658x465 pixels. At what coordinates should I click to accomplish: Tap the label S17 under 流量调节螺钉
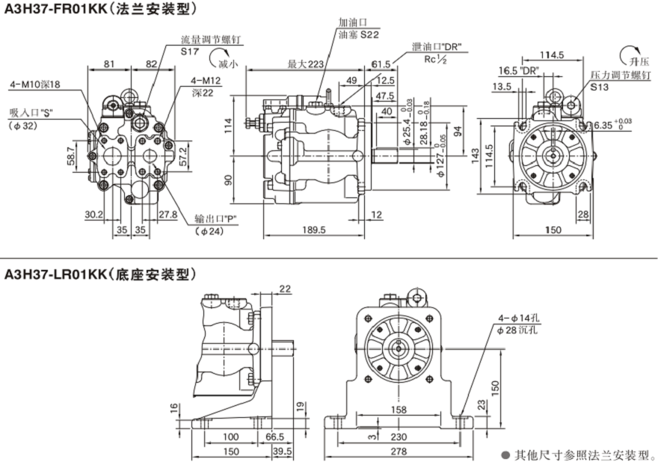click(191, 51)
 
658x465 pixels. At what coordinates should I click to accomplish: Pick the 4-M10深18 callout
click(35, 84)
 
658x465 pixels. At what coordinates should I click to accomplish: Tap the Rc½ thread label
click(436, 59)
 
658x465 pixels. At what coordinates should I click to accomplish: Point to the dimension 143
click(475, 153)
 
